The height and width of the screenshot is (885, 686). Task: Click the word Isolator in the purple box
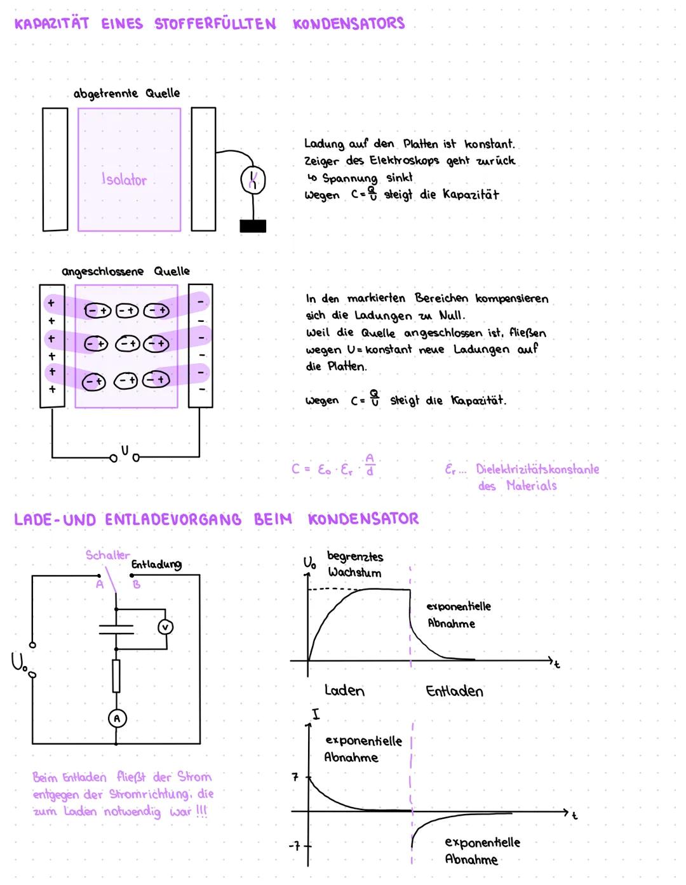coord(124,180)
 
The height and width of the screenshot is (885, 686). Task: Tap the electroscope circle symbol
coord(253,180)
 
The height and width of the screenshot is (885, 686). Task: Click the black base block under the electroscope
coord(253,226)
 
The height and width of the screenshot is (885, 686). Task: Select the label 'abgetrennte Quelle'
coord(126,93)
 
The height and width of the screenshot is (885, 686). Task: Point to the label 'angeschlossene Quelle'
coord(126,271)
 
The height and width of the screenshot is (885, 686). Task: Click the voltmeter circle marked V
coord(165,627)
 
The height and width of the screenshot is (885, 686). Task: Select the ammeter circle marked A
coord(116,718)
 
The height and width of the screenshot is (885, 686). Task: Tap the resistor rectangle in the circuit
coord(116,675)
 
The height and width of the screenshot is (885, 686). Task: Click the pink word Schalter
coord(107,555)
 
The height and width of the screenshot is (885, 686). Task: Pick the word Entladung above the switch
coord(156,564)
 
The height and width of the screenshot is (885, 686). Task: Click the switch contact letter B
coord(137,585)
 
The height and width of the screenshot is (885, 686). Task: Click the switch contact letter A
coord(99,585)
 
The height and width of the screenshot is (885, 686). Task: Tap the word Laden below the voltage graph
coord(344,690)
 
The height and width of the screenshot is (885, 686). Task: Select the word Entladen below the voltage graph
coord(454,691)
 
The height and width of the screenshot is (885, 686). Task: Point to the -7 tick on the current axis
coord(294,846)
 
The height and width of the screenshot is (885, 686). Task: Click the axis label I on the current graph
coord(316,715)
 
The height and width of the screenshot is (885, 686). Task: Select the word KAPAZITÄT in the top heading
coord(51,24)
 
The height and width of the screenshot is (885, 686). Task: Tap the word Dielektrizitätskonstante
coord(537,469)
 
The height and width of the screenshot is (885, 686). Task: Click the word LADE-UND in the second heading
coord(55,519)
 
